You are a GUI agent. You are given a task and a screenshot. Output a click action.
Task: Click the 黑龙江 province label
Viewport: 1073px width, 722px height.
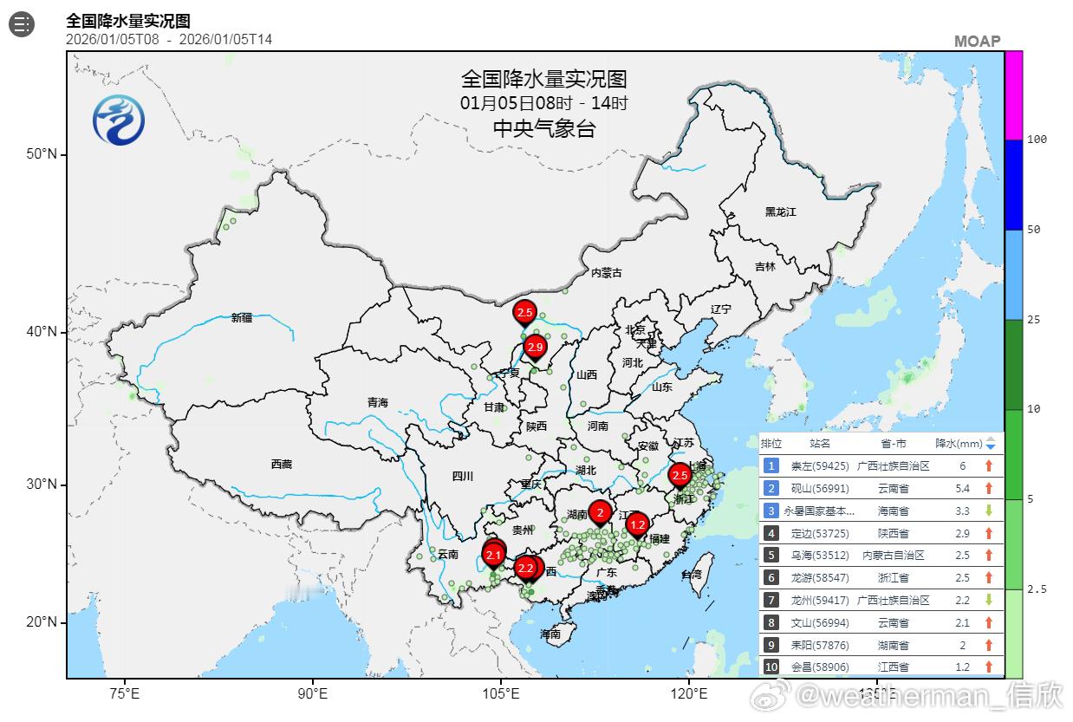coord(780,211)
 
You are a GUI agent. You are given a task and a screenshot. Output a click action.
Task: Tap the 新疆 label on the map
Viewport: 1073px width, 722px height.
coord(242,317)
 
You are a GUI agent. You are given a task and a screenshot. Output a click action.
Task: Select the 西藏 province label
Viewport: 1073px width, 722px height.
coord(282,464)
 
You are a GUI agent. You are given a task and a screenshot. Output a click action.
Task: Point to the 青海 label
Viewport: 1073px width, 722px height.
coord(378,402)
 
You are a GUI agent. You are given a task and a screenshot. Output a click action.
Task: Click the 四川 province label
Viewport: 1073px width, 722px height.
coord(463,475)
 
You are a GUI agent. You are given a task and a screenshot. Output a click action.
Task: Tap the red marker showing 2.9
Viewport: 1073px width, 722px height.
coord(535,348)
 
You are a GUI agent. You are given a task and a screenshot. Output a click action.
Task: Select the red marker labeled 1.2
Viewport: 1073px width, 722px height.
coord(638,524)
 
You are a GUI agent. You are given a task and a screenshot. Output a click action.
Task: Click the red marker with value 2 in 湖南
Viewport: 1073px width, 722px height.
coord(599,512)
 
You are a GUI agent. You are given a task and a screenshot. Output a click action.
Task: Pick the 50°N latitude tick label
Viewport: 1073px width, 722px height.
coord(41,154)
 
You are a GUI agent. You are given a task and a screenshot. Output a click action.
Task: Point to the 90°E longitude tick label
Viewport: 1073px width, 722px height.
coord(312,693)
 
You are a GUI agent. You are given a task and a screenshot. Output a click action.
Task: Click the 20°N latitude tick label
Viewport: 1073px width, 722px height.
coord(41,622)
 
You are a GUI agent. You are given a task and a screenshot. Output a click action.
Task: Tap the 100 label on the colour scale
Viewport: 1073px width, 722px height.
coord(1037,140)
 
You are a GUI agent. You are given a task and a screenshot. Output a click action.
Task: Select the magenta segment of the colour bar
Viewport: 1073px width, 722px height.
coord(1013,94)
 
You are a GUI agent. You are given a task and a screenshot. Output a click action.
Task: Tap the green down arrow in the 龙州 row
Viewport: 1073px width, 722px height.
coord(988,600)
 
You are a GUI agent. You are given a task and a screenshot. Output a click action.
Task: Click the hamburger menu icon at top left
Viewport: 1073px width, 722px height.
coord(22,24)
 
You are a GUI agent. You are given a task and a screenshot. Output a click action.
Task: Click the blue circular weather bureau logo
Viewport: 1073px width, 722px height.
coord(119,119)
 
